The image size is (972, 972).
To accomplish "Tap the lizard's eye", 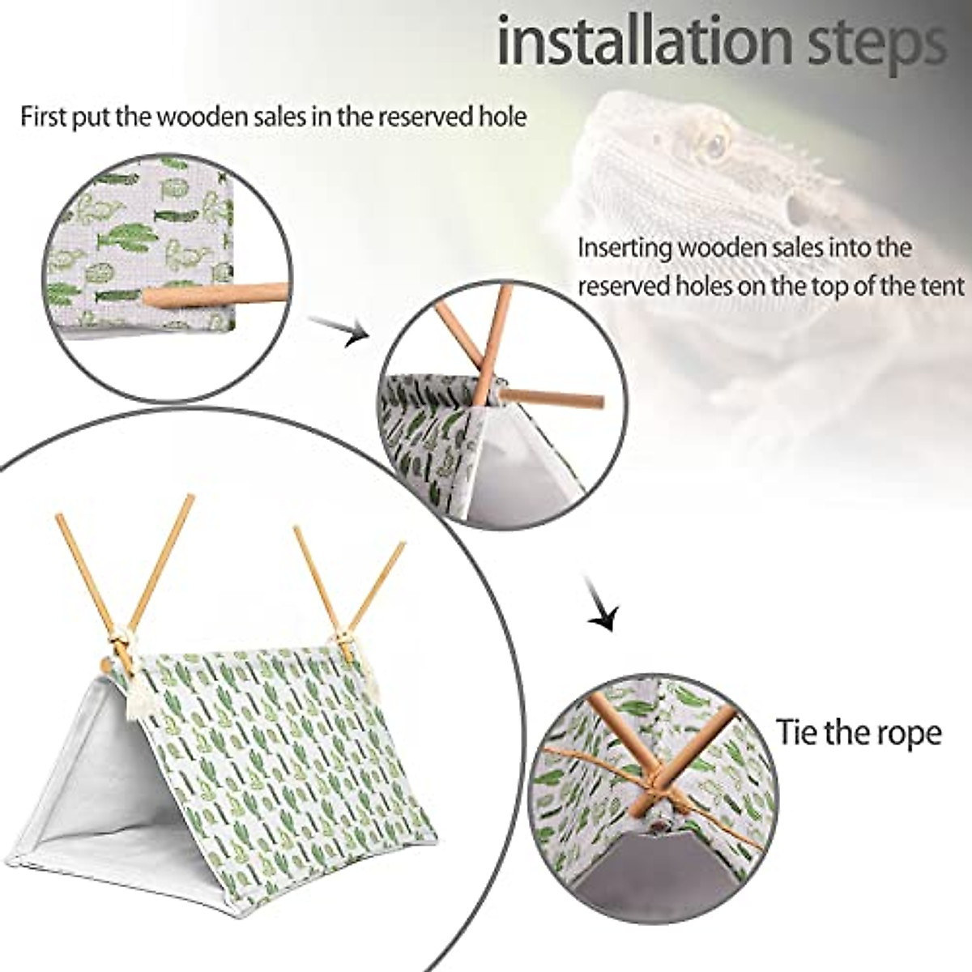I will pos(715,146).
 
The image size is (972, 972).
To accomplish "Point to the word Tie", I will pos(798,732).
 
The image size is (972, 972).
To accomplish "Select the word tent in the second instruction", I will pos(944,286).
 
